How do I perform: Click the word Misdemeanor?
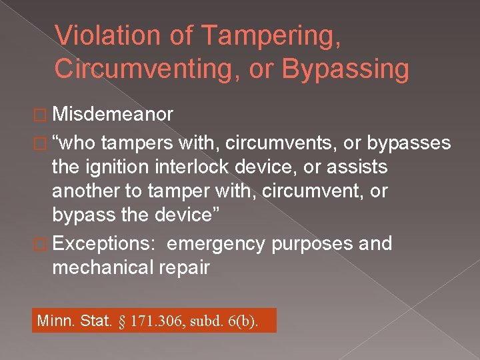(x=113, y=115)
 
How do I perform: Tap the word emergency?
(x=216, y=244)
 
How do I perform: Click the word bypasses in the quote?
(x=409, y=143)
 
